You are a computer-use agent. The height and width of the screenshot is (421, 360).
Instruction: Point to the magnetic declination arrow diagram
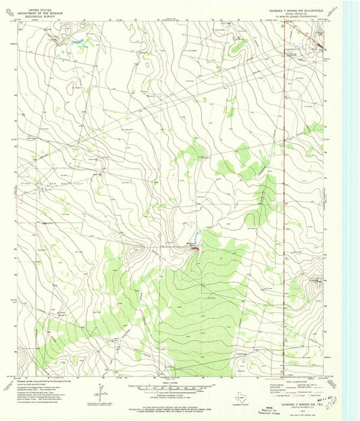[x=101, y=391]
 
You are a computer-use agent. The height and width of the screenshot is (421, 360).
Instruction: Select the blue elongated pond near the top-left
[x=76, y=42]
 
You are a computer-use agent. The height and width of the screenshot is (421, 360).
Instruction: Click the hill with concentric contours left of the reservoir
[x=138, y=250]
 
